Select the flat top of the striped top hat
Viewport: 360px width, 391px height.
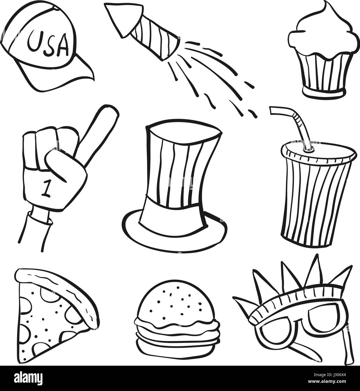click(183, 131)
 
